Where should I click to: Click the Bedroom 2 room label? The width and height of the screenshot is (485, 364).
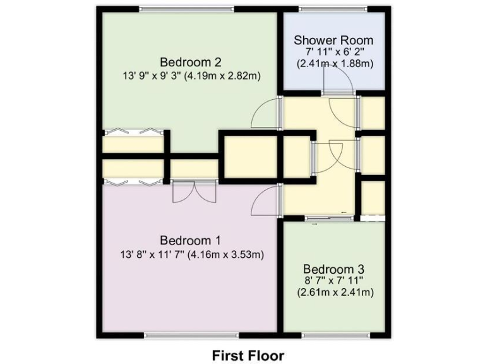coord(190,62)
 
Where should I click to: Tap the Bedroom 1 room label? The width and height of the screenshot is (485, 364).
coord(190,240)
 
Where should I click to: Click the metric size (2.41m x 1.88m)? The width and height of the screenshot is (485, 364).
coord(335,63)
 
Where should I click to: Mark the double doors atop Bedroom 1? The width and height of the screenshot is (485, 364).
coord(194,191)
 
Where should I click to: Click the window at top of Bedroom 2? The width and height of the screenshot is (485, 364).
coord(186,9)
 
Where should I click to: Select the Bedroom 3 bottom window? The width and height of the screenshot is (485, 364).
coord(335,334)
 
